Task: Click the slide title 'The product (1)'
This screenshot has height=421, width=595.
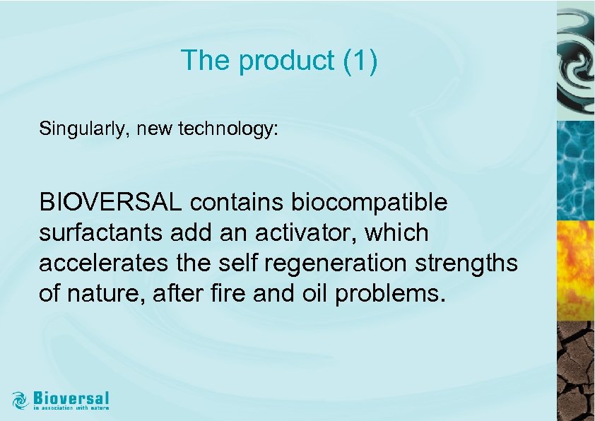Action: point(279,61)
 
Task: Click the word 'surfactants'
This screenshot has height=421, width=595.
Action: point(99,232)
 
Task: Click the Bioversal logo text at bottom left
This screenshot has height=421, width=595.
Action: point(71,396)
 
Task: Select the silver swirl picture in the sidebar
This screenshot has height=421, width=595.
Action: point(576,61)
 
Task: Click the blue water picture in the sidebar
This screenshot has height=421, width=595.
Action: point(576,170)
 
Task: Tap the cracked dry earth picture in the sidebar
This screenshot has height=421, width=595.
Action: point(576,371)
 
